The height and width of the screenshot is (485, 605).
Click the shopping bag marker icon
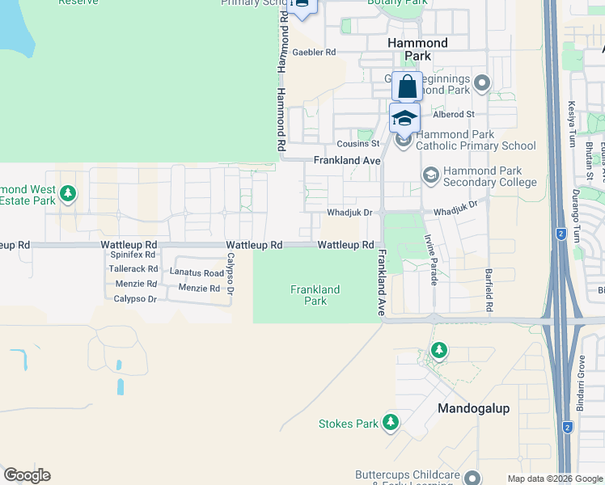(408, 86)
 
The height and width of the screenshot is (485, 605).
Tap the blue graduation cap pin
(404, 118)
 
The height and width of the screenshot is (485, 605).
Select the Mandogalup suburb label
(473, 408)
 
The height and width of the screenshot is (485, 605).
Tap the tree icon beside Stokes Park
(391, 423)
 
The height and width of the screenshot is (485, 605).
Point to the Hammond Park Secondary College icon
(431, 175)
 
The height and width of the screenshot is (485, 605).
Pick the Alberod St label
(459, 115)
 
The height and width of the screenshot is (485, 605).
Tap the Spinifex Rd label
(133, 255)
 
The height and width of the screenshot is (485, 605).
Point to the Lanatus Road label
(197, 273)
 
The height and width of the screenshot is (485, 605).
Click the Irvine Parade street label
(432, 259)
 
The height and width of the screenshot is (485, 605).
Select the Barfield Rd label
(489, 290)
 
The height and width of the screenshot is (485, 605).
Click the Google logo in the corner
(27, 475)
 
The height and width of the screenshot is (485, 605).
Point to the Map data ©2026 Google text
(554, 479)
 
